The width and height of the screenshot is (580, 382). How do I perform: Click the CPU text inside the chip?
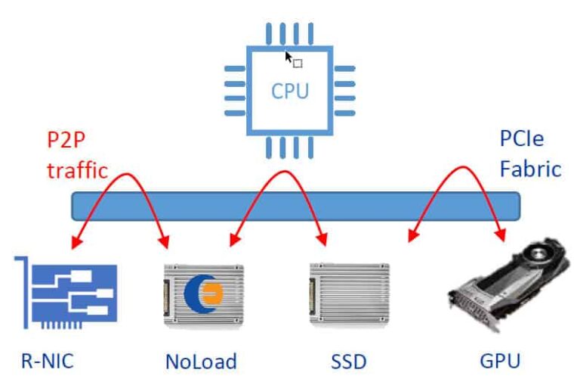pyautogui.click(x=290, y=92)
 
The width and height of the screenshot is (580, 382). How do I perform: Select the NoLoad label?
pyautogui.click(x=201, y=361)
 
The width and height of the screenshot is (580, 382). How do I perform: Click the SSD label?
pyautogui.click(x=348, y=361)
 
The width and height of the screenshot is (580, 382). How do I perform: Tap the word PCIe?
pyautogui.click(x=521, y=139)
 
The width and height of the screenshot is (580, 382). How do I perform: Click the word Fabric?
pyautogui.click(x=530, y=168)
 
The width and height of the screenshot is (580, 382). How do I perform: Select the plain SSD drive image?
pyautogui.click(x=350, y=294)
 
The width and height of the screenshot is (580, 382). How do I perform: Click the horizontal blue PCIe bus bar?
pyautogui.click(x=295, y=205)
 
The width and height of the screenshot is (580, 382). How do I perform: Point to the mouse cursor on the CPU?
pyautogui.click(x=288, y=56)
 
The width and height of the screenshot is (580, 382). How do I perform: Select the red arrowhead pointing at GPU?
pyautogui.click(x=500, y=236)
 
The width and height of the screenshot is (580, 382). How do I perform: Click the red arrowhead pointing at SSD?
pyautogui.click(x=324, y=241)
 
